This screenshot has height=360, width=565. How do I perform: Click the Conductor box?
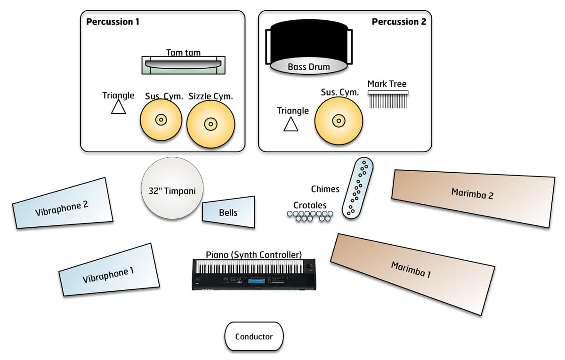(x=254, y=336)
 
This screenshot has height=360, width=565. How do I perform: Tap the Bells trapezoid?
(x=229, y=212)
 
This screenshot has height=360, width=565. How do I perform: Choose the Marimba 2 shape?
(x=473, y=198)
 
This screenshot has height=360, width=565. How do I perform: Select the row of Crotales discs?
(x=310, y=216)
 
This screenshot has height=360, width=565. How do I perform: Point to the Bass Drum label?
(x=309, y=67)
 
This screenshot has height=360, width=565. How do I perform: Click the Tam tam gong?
(x=184, y=64)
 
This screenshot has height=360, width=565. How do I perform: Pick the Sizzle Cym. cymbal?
(x=210, y=124)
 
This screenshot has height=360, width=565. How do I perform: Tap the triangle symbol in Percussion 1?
(x=118, y=107)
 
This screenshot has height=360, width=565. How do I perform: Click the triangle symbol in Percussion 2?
(x=291, y=124)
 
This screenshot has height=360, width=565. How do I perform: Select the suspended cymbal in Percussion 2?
(x=339, y=121)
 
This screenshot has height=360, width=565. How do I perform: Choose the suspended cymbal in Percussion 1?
(x=161, y=120)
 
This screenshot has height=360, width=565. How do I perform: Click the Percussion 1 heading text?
(x=113, y=22)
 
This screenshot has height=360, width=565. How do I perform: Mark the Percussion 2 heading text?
(x=399, y=22)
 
